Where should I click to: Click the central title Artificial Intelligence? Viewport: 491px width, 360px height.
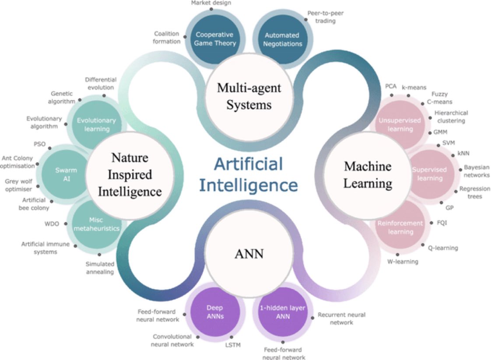(248, 175)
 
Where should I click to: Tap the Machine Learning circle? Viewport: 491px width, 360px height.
(367, 175)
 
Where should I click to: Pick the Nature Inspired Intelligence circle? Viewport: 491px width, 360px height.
(130, 174)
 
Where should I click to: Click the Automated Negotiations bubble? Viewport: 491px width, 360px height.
(282, 38)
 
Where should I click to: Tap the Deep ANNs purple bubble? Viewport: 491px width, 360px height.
(215, 311)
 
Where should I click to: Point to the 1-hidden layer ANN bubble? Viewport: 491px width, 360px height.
(283, 311)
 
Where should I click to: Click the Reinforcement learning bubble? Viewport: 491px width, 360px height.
(400, 227)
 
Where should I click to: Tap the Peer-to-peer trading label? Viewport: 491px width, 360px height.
(325, 17)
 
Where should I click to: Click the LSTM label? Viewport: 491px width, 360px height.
(232, 346)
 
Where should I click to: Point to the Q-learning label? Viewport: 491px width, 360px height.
(442, 248)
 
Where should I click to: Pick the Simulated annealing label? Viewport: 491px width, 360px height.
(100, 268)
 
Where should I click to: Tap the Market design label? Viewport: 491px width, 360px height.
(211, 3)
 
